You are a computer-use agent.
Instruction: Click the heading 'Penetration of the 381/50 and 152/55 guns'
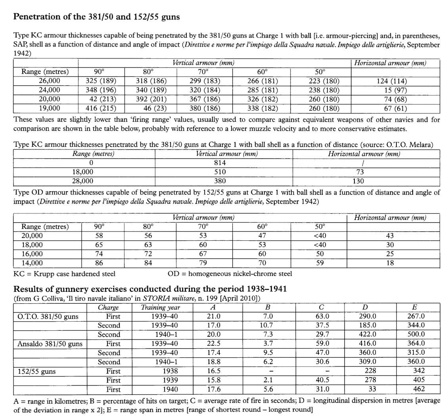96,17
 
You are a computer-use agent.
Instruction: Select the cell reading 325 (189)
101,81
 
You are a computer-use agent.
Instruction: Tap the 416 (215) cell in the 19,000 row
101,108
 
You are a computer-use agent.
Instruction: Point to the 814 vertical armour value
220,163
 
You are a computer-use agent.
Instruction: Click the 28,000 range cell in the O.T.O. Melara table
82,181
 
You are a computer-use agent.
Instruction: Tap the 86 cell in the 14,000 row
99,263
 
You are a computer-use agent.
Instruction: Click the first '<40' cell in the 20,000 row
320,236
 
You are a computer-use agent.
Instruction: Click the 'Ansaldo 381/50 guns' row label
50,343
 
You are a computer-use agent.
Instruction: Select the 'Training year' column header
161,307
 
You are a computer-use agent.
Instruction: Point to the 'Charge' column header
108,307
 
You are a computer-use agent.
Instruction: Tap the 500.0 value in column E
416,334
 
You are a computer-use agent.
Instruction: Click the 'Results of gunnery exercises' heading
150,289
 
